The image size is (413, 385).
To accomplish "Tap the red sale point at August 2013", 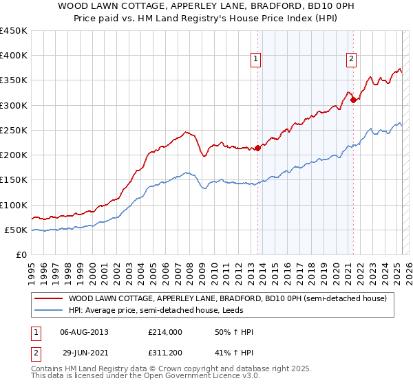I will coord(257,148).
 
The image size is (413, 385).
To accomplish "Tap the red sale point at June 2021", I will coord(353,100).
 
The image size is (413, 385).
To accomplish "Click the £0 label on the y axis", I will coord(21,254).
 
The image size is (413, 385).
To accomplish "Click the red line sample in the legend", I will coord(50,298).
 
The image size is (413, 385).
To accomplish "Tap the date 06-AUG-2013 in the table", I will coord(84,332).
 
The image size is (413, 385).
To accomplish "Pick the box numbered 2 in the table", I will coord(35,353).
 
